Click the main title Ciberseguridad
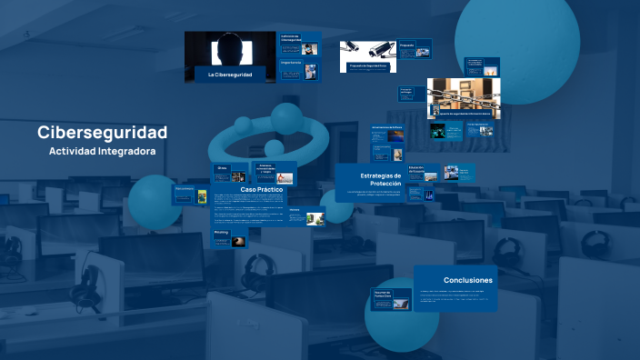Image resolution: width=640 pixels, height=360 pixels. pos(103,132)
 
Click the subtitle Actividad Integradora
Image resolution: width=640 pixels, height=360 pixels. pos(103,150)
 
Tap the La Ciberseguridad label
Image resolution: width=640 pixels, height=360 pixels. pos(230,74)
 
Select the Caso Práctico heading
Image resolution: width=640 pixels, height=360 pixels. pos(262,189)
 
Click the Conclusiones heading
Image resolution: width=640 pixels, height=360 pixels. pos(467,280)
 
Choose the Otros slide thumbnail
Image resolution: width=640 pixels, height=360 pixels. pos(228,172)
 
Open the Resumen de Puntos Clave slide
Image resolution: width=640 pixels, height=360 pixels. pos(388,299)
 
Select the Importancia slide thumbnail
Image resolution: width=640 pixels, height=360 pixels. pos(300,69)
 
